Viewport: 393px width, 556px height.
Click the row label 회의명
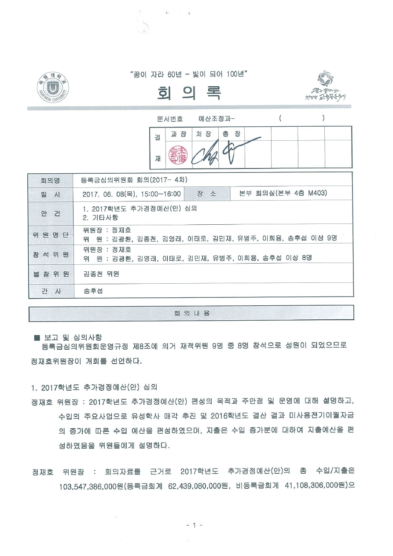coord(50,180)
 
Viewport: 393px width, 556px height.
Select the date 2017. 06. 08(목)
coord(109,194)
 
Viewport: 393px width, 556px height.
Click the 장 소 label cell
coord(207,194)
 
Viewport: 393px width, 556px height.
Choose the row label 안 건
coord(50,213)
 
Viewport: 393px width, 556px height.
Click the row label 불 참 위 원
coord(50,274)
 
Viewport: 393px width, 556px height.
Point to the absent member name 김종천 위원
coord(101,274)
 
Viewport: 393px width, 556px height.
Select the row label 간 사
coord(50,290)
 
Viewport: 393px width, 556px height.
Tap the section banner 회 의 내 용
coord(191,313)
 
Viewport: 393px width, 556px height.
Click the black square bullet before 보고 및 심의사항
coord(37,338)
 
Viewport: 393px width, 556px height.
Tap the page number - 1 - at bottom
coord(194,525)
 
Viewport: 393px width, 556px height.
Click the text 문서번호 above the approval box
coord(170,118)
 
